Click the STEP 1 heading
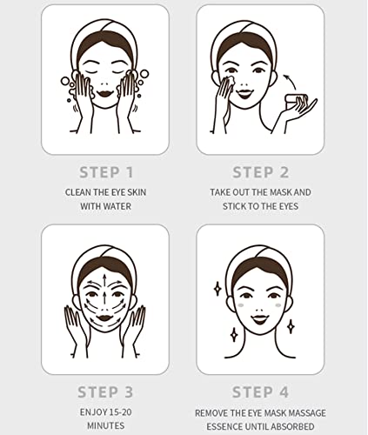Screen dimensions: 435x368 coord(106,171)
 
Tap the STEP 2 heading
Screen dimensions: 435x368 coord(260,171)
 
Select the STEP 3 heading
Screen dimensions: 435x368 coord(106,391)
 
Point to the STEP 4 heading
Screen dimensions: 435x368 coord(260,391)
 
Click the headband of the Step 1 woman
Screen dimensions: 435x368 coord(105,35)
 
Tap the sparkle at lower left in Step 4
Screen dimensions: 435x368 coord(234,333)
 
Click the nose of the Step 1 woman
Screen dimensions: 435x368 coord(105,79)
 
